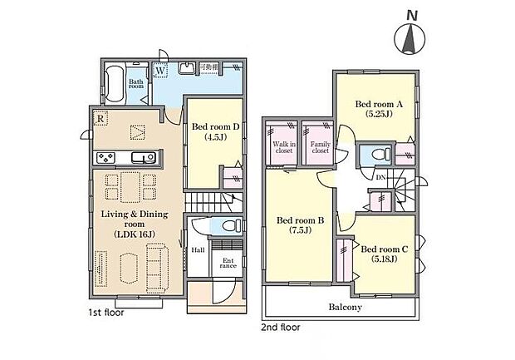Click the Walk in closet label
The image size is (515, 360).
coord(281,147)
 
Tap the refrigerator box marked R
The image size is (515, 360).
coord(100,116)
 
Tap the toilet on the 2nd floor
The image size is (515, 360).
coord(377,155)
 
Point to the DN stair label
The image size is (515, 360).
coord(380,177)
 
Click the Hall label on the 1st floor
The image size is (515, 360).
coord(198,249)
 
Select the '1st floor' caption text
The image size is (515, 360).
coord(108,314)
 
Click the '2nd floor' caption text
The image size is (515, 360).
coord(281,327)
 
